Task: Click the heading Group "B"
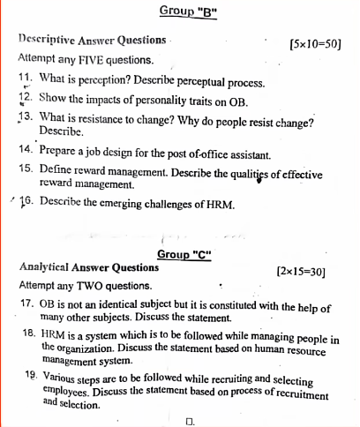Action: pos(188,11)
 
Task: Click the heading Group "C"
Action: pos(185,254)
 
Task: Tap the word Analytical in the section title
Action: pos(45,266)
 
